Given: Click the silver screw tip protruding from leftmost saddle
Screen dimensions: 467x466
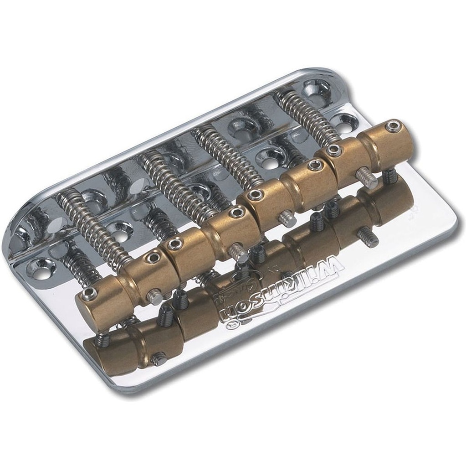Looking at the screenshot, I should tap(155, 297).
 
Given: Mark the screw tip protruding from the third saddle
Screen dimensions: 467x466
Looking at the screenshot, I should tap(287, 218).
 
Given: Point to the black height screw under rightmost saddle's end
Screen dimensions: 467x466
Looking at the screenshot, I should tap(389, 176).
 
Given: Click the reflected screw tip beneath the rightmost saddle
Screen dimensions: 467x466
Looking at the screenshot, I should tap(368, 238).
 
